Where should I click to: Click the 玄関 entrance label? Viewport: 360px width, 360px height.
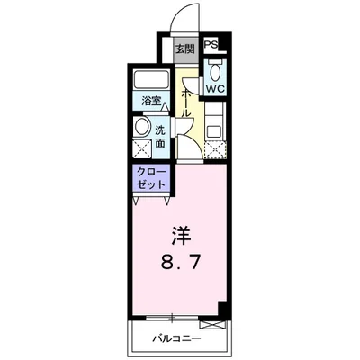184,49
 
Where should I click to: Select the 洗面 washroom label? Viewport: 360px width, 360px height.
160,136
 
